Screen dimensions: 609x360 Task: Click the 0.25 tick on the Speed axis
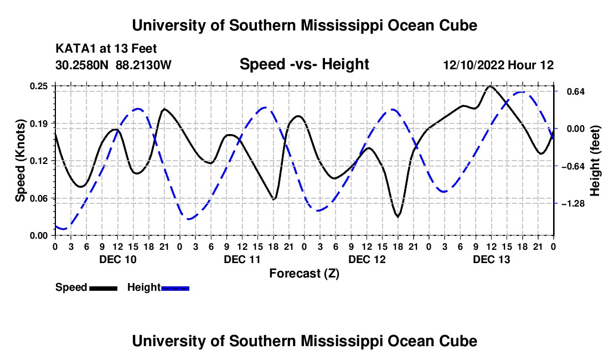[39, 86]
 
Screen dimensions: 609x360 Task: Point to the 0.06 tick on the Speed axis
[39, 198]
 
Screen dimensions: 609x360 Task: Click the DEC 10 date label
[118, 259]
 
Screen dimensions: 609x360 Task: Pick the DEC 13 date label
[491, 259]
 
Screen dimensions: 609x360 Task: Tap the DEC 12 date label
[367, 259]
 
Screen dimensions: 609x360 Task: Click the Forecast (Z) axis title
[304, 274]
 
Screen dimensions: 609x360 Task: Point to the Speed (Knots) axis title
[20, 161]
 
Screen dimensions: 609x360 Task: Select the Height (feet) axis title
[595, 161]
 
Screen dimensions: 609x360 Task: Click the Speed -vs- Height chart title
[304, 64]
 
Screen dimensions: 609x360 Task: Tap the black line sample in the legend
[104, 289]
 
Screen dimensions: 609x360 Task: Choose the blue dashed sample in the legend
[175, 289]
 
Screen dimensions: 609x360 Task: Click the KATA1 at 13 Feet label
[106, 49]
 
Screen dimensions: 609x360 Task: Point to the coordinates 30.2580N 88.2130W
[113, 65]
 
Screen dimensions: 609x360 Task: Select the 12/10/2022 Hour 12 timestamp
[498, 65]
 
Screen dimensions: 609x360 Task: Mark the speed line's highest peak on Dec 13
[490, 86]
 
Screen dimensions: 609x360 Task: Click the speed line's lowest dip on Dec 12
[398, 217]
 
